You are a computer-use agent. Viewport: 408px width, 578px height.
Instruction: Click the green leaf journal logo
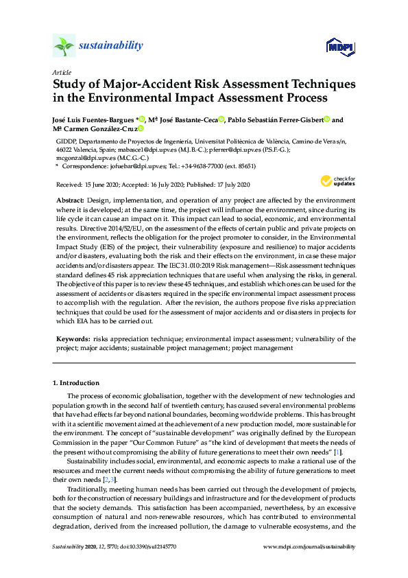[63, 47]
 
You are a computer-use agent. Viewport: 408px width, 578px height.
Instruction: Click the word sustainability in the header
[110, 46]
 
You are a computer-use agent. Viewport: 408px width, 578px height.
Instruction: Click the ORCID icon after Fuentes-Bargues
[141, 119]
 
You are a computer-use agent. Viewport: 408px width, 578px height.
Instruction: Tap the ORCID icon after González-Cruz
[140, 128]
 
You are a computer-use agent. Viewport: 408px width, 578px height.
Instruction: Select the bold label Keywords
[72, 339]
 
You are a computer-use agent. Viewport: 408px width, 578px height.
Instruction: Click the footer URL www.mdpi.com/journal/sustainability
[309, 546]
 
